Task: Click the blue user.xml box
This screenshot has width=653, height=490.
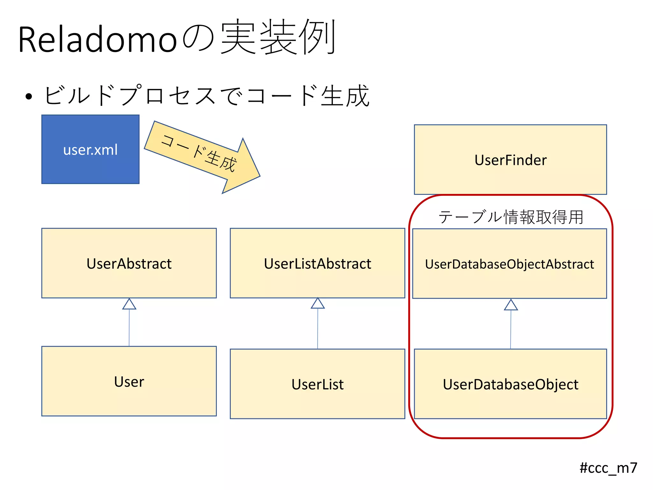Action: pyautogui.click(x=90, y=149)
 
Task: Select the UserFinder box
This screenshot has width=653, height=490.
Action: pyautogui.click(x=510, y=160)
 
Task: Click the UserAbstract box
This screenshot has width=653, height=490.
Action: pyautogui.click(x=129, y=263)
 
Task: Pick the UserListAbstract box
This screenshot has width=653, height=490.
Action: pyautogui.click(x=317, y=263)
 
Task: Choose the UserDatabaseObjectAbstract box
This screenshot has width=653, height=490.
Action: pyautogui.click(x=509, y=264)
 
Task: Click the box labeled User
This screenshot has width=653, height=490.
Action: pyautogui.click(x=129, y=381)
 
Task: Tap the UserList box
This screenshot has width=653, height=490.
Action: pyautogui.click(x=317, y=384)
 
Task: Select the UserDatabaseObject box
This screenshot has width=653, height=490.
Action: pyautogui.click(x=510, y=384)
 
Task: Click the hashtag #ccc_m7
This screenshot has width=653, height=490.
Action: pyautogui.click(x=608, y=468)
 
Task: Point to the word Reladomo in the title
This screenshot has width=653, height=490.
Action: pyautogui.click(x=97, y=40)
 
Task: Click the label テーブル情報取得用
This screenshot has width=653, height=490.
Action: pyautogui.click(x=510, y=217)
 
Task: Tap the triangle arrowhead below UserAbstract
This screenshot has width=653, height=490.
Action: pyautogui.click(x=129, y=304)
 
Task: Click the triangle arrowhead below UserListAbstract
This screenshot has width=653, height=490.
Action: pyautogui.click(x=318, y=303)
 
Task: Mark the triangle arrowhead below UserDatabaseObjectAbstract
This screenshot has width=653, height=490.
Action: pyautogui.click(x=511, y=305)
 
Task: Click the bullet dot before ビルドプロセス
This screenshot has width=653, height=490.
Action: pyautogui.click(x=29, y=96)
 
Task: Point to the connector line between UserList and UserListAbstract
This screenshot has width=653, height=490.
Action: pyautogui.click(x=318, y=329)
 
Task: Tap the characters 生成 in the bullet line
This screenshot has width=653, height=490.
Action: pyautogui.click(x=345, y=96)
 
